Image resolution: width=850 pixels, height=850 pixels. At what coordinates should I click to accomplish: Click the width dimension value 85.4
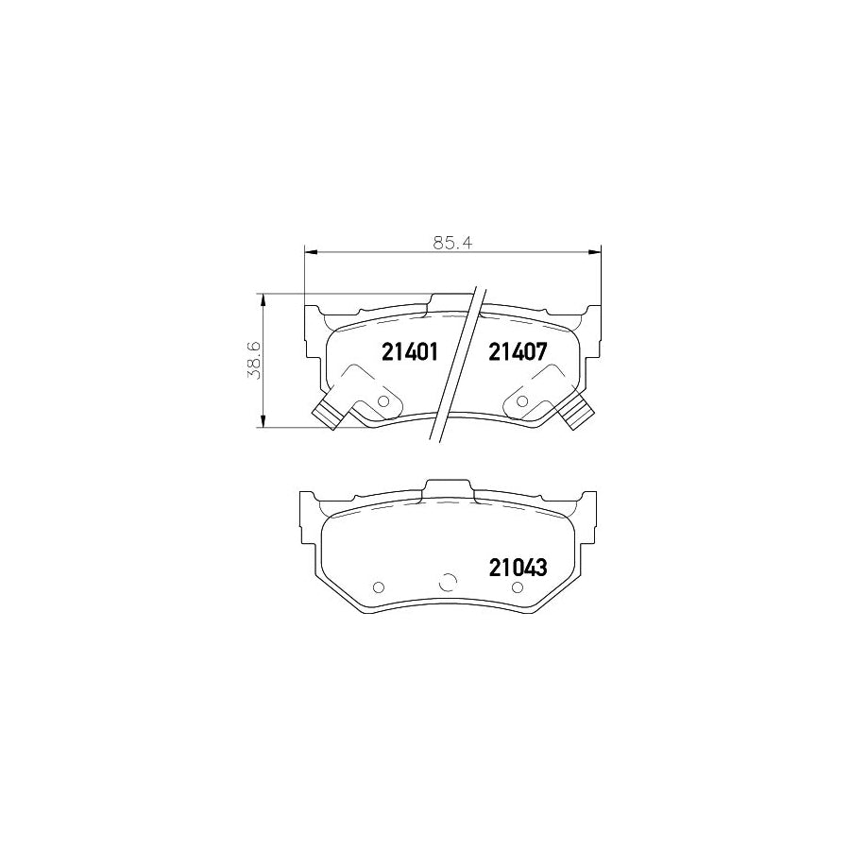point(452,242)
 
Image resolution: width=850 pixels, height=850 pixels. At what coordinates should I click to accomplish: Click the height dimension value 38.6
point(252,360)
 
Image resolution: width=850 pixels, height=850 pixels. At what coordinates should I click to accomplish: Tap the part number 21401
point(410,352)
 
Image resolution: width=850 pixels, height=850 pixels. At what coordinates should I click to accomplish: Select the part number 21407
point(518,352)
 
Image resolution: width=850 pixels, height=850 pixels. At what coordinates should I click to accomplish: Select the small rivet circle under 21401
point(382,401)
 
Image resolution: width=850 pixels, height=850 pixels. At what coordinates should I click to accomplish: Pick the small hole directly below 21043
point(517,588)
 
